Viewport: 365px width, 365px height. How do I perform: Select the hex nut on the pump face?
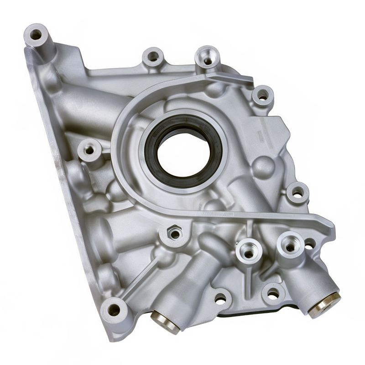(x=174, y=234)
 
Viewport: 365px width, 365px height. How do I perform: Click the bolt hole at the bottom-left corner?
(x=114, y=309)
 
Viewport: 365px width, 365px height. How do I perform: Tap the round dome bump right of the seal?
(x=263, y=167)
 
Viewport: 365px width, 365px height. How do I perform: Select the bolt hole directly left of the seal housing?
(x=89, y=150)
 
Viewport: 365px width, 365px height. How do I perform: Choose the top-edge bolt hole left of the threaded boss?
(x=153, y=57)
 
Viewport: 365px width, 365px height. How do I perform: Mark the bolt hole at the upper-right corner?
(x=263, y=96)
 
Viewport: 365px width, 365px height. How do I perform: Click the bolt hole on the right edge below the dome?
(x=297, y=193)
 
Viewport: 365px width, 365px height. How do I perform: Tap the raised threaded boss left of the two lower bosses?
(x=249, y=249)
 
